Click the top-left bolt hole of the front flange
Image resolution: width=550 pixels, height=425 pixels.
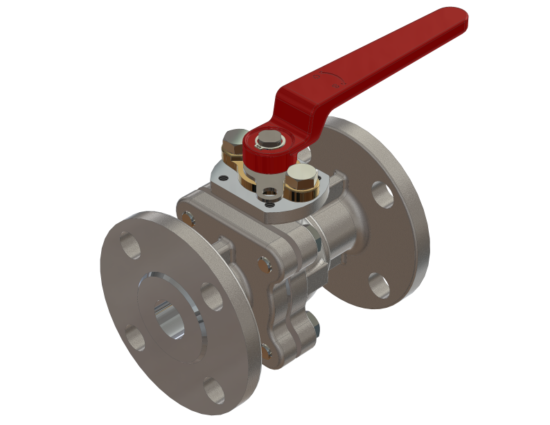tap(130, 245)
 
